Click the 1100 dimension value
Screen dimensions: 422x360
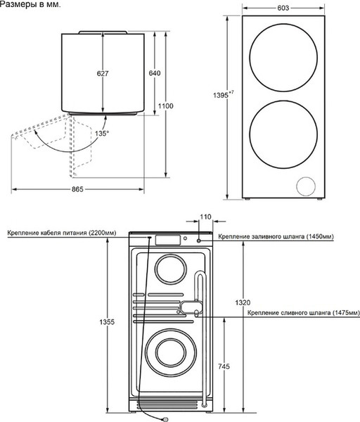(166, 105)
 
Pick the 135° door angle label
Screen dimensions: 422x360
(102, 132)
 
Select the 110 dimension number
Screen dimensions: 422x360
(205, 217)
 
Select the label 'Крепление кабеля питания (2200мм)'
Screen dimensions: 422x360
(63, 232)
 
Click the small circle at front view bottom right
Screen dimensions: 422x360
(306, 187)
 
